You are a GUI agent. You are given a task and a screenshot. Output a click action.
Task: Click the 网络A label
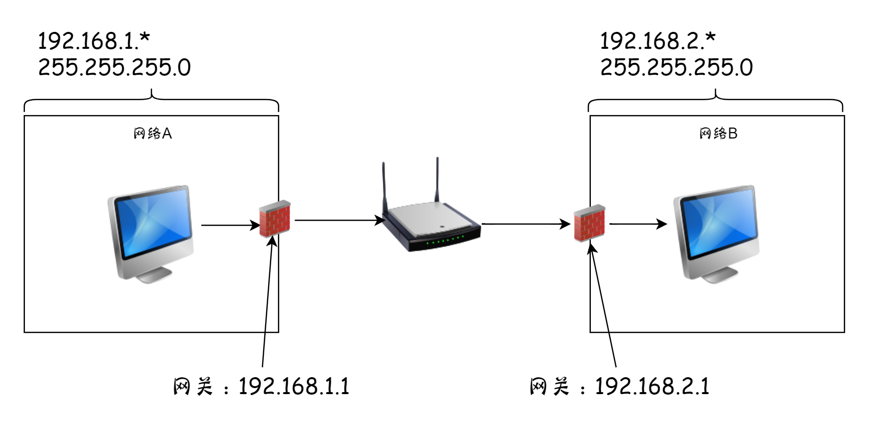pos(153,134)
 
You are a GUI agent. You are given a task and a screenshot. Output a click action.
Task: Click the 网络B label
pos(718,134)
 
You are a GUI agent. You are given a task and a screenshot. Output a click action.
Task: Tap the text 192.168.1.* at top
pos(94,41)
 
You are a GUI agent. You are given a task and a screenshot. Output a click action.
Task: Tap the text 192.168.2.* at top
pos(658,41)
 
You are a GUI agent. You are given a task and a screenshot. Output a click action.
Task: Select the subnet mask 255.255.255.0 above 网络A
pos(114,67)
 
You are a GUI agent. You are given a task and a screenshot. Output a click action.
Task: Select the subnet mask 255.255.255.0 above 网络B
pos(676,67)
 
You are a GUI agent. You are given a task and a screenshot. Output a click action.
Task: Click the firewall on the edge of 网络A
pos(275,219)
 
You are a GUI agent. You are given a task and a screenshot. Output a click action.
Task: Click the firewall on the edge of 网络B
pos(589,223)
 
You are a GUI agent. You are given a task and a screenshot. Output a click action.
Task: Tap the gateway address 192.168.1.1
pos(294,387)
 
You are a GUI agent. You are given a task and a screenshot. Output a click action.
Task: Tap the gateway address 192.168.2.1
pos(652,387)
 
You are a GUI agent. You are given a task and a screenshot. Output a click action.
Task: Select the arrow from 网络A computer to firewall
pos(229,225)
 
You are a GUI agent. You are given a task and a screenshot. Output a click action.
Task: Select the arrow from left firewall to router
pos(339,220)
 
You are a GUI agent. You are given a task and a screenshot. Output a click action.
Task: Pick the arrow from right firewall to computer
pos(638,224)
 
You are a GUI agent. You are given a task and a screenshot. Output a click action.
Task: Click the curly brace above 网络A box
pos(152,99)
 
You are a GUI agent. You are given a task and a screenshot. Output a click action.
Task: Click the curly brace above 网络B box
pos(715,99)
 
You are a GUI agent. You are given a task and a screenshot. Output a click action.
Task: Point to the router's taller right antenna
pos(437,179)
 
